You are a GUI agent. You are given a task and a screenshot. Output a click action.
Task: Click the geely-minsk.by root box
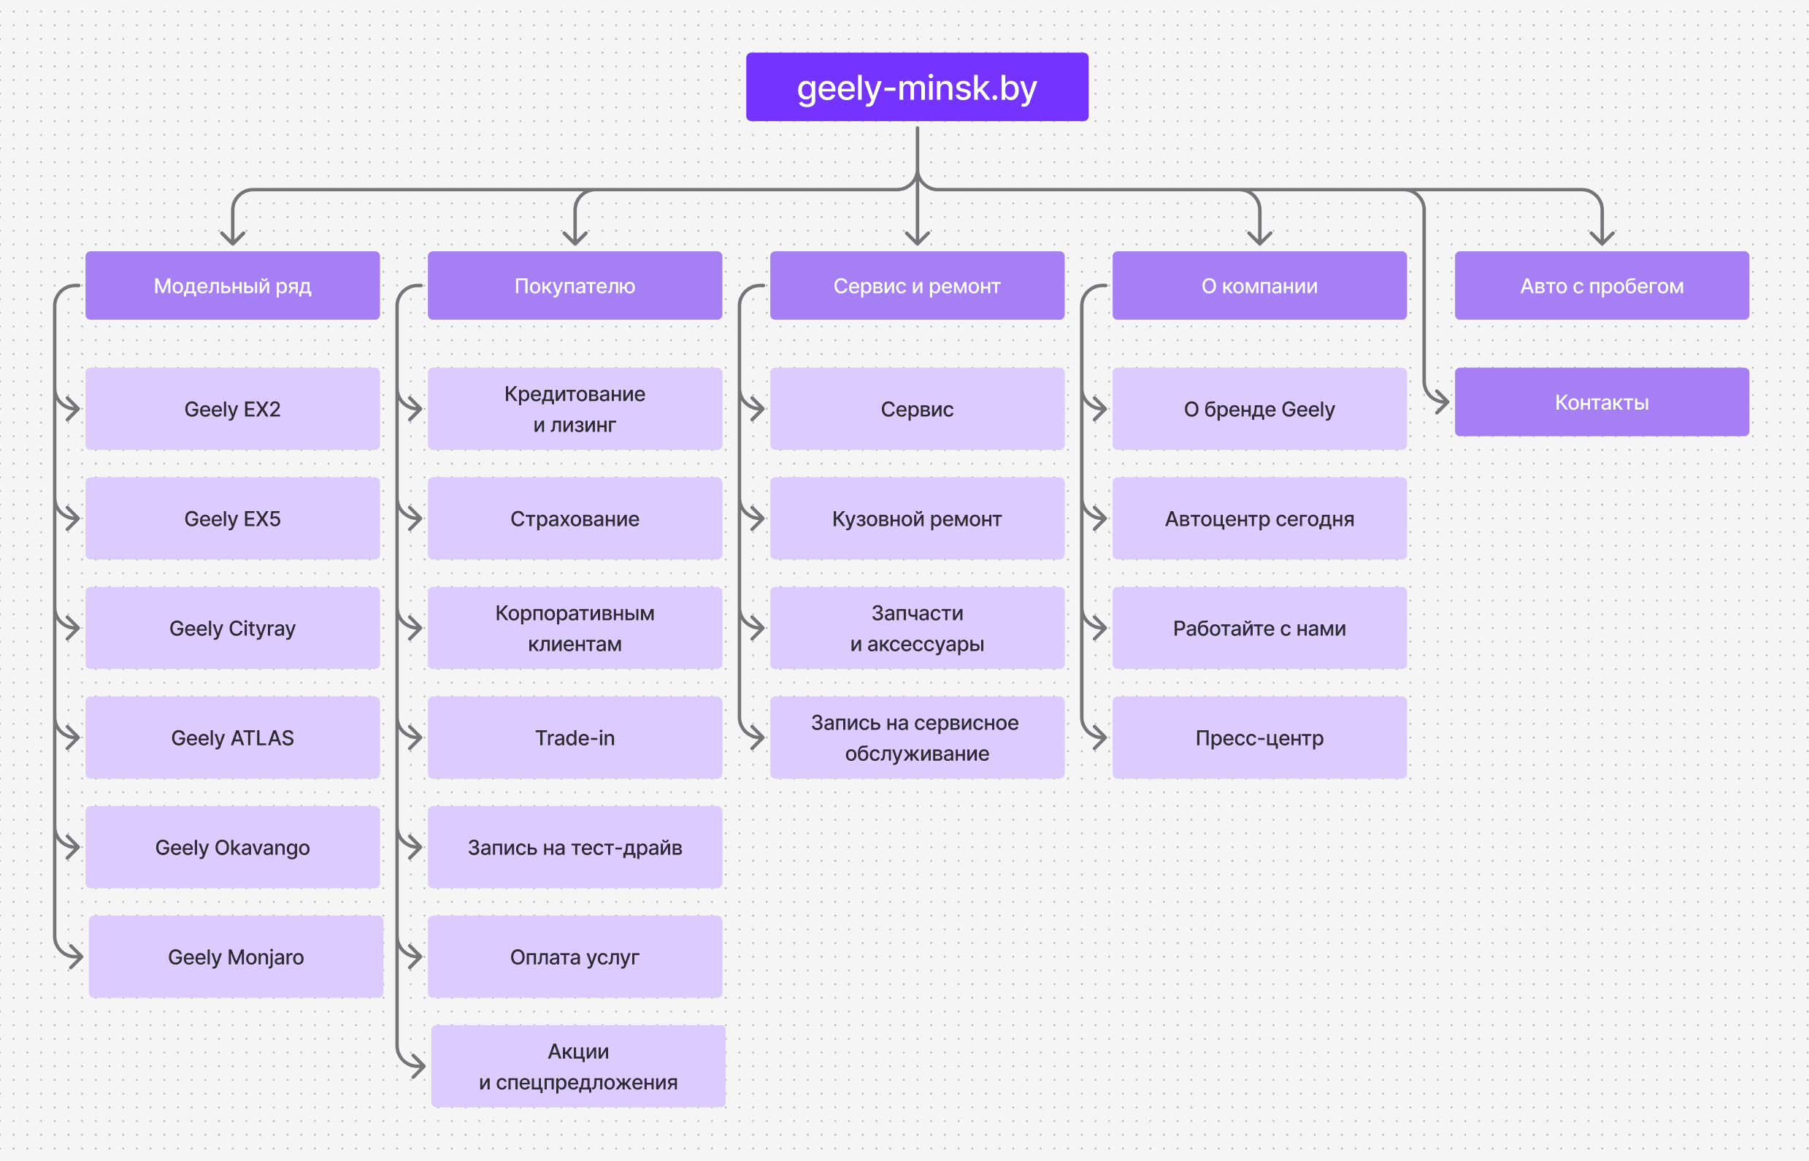point(917,87)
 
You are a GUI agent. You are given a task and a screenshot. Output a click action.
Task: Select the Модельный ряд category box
point(232,286)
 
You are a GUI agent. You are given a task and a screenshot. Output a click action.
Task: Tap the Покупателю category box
point(575,286)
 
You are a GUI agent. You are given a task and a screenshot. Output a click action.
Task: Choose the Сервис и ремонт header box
point(917,286)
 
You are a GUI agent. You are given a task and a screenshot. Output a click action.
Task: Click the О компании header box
point(1259,286)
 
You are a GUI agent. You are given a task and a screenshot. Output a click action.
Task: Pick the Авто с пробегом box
point(1601,286)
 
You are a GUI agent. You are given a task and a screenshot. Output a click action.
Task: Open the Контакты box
point(1601,402)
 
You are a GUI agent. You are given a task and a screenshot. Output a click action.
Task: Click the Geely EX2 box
point(232,409)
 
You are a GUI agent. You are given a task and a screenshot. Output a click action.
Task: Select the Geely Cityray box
point(232,628)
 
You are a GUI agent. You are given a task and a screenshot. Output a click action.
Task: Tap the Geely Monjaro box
point(236,957)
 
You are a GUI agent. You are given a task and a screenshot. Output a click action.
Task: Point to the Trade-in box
point(575,737)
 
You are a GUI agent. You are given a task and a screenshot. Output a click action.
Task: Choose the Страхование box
point(575,518)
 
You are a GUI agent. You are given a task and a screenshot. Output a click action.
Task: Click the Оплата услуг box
point(575,957)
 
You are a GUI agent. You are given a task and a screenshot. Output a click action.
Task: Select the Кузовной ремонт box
point(917,518)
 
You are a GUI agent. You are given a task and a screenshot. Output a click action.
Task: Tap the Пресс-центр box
point(1259,737)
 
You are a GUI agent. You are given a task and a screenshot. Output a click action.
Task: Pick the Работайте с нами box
point(1259,628)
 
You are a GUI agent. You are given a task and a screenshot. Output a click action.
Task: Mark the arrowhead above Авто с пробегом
point(1601,238)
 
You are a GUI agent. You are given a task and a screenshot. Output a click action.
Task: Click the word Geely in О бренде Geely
point(1307,410)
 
